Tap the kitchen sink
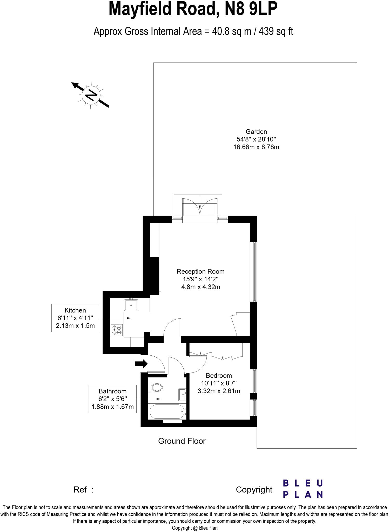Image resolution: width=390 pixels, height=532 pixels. [131, 305]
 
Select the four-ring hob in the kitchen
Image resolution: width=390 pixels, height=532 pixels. [117, 330]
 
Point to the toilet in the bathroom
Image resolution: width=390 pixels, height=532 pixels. [156, 388]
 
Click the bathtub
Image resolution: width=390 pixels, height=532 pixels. [167, 411]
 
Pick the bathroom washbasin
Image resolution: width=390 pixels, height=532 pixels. [182, 395]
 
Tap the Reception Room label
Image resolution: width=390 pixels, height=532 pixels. [200, 271]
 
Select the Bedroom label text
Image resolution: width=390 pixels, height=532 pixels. [219, 375]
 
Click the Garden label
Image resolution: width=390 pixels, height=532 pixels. [256, 131]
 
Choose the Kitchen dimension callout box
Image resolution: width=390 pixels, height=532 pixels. [75, 318]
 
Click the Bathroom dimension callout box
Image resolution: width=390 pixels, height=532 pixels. [112, 399]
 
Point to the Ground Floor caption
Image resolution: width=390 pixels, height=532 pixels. [182, 441]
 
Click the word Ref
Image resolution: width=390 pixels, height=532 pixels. [80, 490]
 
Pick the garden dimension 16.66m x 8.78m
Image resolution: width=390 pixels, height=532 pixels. [256, 147]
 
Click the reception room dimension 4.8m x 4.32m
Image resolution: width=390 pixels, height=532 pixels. [200, 287]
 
